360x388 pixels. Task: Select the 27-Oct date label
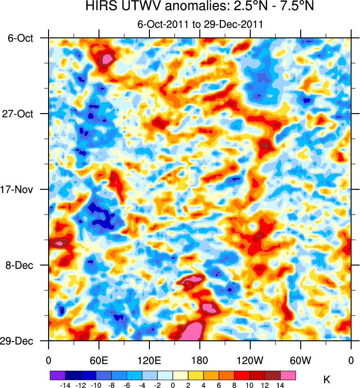pyautogui.click(x=21, y=114)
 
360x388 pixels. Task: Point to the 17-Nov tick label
pyautogui.click(x=21, y=190)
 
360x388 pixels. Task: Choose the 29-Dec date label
pyautogui.click(x=21, y=341)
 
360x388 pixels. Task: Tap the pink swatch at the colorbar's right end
pyautogui.click(x=288, y=375)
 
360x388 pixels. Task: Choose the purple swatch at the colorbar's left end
pyautogui.click(x=57, y=375)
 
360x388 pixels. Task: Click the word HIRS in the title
pyautogui.click(x=99, y=7)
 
